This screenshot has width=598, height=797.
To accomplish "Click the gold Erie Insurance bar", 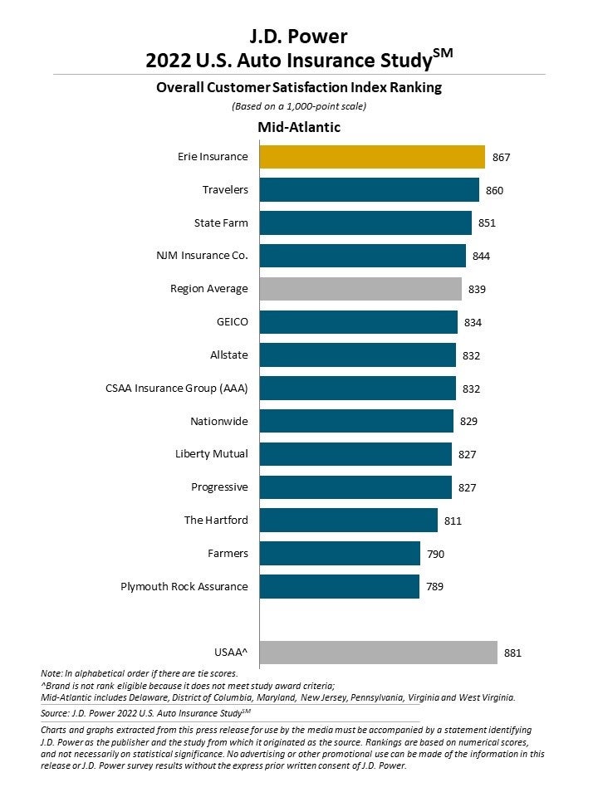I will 372,157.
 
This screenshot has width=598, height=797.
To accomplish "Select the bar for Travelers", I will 370,190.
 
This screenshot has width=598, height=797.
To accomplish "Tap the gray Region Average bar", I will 360,289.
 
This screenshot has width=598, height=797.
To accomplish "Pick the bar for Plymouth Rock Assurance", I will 340,586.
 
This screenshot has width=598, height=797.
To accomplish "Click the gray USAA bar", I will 379,653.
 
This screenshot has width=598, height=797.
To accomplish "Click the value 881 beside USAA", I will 513,653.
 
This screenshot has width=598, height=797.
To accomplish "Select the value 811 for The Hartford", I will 453,521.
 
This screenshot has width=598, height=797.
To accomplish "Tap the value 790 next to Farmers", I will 435,554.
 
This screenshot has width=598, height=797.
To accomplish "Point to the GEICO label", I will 231,321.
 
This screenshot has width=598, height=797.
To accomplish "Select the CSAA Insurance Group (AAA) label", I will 177,388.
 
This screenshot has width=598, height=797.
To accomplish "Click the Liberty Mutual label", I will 211,454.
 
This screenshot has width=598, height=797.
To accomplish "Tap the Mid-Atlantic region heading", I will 299,127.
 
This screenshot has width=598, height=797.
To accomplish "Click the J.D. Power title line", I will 299,36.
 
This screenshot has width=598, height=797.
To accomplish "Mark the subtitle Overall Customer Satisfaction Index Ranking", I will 299,87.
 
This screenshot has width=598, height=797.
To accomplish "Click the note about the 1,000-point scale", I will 299,106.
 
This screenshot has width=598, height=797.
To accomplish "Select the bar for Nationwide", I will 356,421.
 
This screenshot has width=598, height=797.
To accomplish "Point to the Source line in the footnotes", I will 145,712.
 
